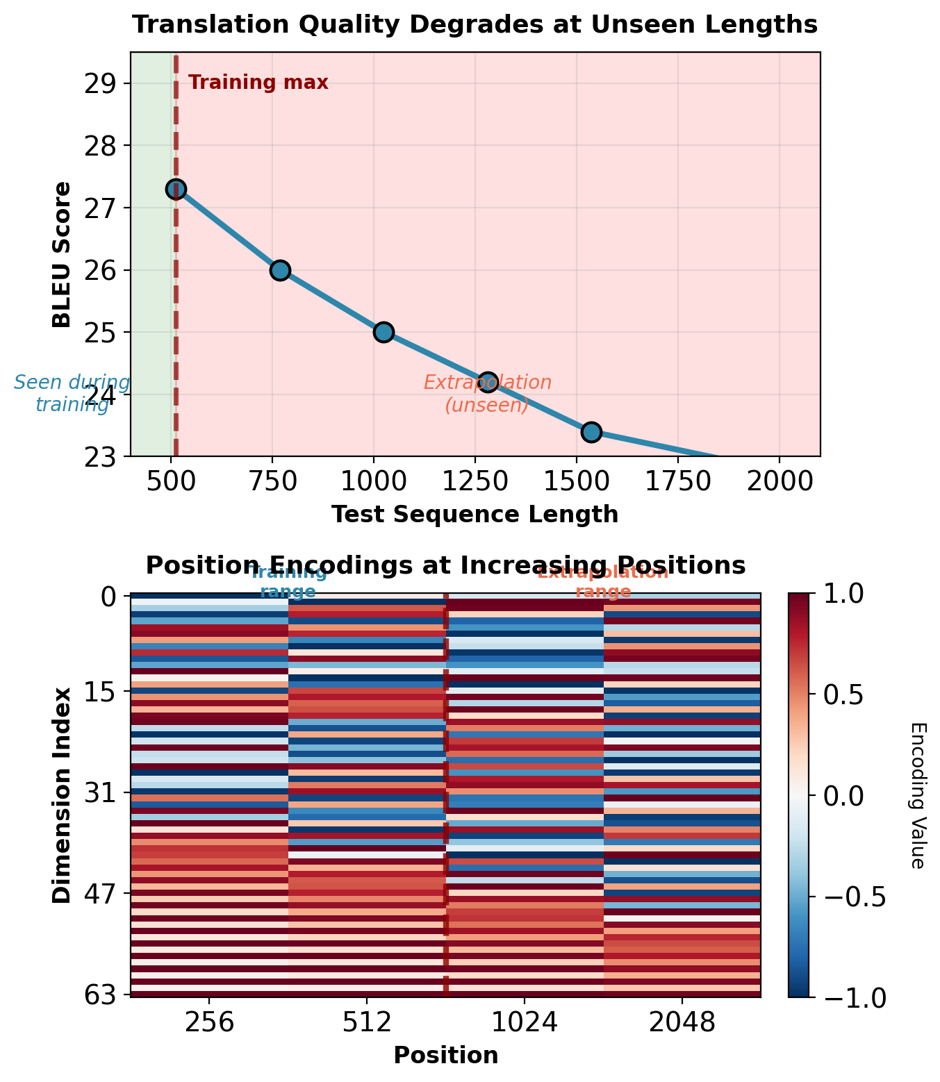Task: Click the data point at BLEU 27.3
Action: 176,190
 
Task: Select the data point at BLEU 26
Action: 280,270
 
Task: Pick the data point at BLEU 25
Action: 384,332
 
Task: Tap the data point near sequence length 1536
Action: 591,432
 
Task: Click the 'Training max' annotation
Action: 258,83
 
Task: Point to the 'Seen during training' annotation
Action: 72,394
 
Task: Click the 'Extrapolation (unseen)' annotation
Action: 488,394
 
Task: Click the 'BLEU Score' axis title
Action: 63,254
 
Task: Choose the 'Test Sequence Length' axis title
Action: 475,515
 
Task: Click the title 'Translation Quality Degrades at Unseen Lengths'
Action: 475,25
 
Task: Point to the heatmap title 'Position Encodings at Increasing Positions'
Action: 445,565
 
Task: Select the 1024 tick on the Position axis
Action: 525,1022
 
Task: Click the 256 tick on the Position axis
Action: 209,1022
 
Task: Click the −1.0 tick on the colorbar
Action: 851,997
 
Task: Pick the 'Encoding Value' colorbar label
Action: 917,795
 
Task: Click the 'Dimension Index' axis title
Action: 63,795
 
